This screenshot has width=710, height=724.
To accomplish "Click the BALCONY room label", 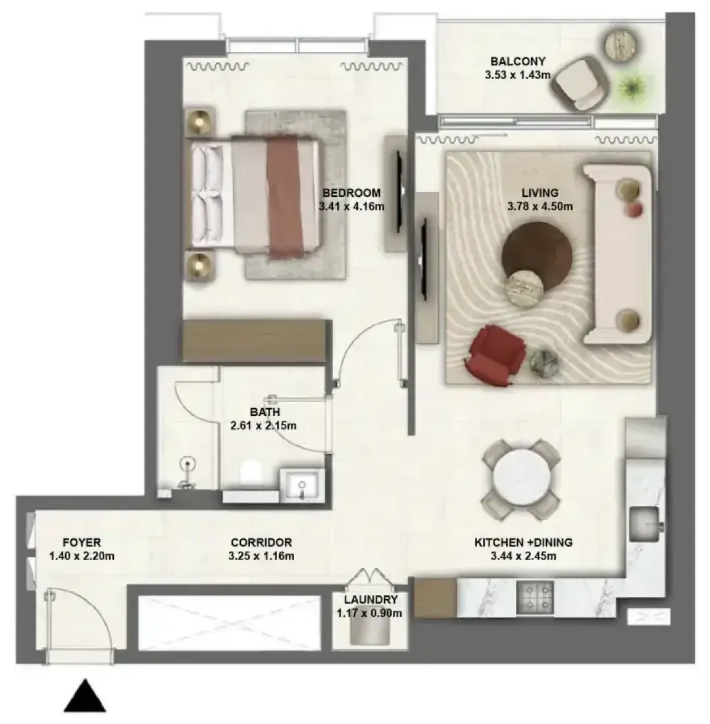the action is (517, 61).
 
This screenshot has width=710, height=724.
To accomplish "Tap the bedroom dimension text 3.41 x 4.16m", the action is (351, 207).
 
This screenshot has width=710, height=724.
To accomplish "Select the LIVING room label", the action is (540, 193).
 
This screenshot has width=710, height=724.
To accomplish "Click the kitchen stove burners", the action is (534, 598).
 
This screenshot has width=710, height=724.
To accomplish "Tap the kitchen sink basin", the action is (646, 524).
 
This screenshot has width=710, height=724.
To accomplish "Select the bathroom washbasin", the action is (301, 484).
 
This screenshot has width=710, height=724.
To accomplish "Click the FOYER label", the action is (82, 542).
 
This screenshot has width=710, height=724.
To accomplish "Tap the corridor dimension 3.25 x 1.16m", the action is (261, 556).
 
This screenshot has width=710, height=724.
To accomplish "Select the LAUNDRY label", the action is (370, 600).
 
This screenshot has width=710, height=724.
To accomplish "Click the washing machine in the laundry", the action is (369, 629).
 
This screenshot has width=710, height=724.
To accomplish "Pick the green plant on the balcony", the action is (630, 86).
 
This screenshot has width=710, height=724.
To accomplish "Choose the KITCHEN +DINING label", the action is (524, 542).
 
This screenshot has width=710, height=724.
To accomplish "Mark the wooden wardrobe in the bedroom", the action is (257, 341).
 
